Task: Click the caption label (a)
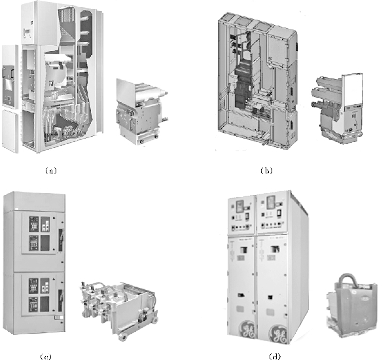[51, 171]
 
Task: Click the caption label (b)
[266, 171]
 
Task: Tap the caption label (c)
[46, 357]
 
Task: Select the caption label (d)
[275, 356]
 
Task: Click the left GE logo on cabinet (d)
[248, 330]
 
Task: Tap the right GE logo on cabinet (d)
[278, 334]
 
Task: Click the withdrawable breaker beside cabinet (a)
[141, 111]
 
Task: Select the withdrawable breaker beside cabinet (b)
[337, 108]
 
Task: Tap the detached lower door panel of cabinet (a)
[10, 131]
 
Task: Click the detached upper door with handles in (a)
[10, 77]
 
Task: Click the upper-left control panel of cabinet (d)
[241, 215]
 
